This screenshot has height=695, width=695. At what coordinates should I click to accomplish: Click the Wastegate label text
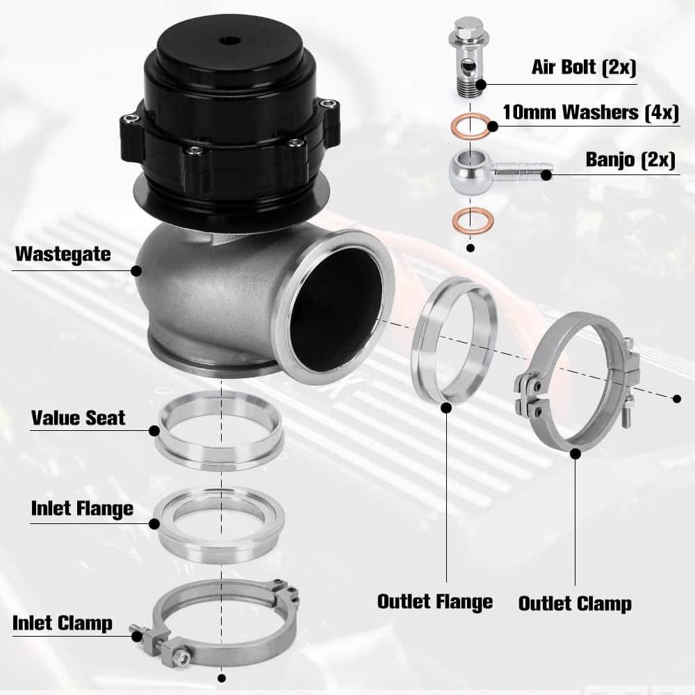pos(63,254)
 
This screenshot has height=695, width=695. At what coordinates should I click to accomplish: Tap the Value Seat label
pos(78,418)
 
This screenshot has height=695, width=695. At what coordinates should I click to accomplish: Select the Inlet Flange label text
pos(82,509)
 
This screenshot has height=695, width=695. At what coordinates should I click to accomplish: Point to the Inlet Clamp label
pos(63,623)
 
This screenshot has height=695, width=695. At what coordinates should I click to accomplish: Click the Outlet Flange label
pos(435,601)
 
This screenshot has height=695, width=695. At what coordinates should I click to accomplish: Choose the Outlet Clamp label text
pos(575,603)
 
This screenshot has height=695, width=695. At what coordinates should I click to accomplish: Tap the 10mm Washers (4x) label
pos(591,113)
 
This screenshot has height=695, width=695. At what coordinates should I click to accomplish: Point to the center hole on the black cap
pos(229,40)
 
